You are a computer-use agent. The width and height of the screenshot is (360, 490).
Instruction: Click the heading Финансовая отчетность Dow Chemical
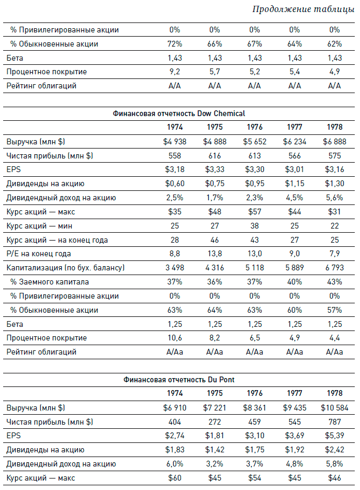click(x=178, y=113)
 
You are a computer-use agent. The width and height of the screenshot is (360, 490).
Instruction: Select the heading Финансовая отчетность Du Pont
click(x=178, y=380)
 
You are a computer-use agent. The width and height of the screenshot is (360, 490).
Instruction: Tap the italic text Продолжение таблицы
click(x=303, y=9)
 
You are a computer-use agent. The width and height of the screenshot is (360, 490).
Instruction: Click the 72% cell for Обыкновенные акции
click(x=175, y=44)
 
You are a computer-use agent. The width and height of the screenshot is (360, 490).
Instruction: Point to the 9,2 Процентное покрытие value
click(x=175, y=72)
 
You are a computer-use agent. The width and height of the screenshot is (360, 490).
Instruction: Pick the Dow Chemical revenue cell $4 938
click(x=175, y=142)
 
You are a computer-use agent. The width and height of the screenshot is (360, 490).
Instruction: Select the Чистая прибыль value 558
click(x=175, y=156)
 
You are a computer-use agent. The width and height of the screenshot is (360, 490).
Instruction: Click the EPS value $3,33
click(x=215, y=170)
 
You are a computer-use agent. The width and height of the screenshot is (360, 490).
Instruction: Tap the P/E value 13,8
click(x=215, y=254)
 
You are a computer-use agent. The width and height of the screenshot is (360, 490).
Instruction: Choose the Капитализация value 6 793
click(x=334, y=268)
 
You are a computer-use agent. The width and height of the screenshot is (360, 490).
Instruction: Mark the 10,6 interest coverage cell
click(x=175, y=338)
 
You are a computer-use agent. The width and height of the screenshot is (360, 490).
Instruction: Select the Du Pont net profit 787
click(x=334, y=422)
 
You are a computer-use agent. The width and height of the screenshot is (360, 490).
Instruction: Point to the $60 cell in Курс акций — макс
click(x=175, y=478)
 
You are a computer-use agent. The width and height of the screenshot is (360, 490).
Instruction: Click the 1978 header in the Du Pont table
click(x=334, y=394)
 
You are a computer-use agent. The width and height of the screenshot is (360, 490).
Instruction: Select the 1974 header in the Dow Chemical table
click(x=175, y=128)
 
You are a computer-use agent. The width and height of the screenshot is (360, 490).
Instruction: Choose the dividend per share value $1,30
click(x=334, y=184)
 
